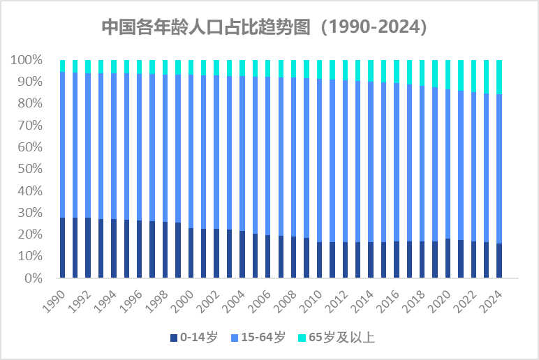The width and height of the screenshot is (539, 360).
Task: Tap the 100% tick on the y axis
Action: [27, 60]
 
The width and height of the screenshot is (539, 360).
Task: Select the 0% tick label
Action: [33, 278]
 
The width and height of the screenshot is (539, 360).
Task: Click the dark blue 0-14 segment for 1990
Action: [63, 248]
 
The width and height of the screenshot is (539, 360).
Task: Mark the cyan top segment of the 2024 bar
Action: [499, 77]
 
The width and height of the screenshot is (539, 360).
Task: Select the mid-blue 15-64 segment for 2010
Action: [320, 160]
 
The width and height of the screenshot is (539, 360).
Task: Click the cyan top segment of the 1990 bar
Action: [63, 66]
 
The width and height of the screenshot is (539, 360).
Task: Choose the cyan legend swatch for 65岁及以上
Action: [302, 338]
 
